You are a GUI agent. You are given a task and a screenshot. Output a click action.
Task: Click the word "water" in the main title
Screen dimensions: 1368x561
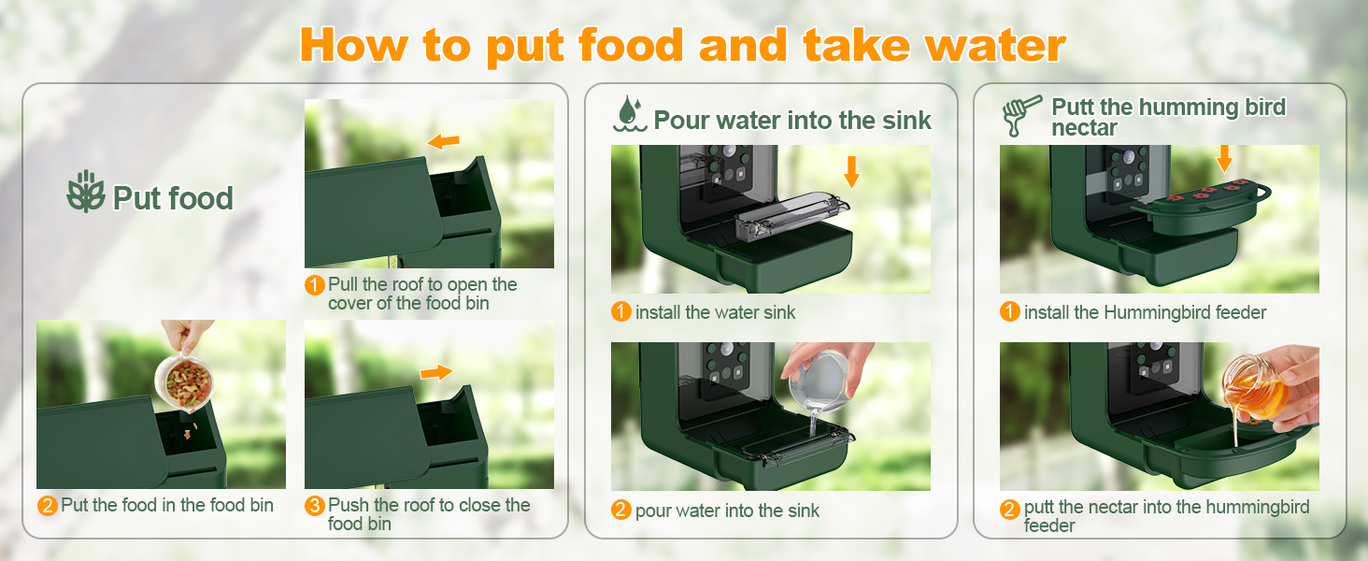click(996, 47)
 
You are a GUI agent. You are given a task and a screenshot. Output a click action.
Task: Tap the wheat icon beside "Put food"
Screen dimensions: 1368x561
click(86, 192)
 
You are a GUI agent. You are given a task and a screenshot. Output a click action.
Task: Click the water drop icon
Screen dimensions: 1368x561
click(630, 114)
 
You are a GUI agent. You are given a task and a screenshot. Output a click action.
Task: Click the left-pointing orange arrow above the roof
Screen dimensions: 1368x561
click(443, 142)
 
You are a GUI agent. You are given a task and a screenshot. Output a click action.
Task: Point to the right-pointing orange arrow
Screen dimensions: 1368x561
click(436, 372)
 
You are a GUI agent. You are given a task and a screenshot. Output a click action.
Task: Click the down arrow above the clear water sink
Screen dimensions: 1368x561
click(851, 172)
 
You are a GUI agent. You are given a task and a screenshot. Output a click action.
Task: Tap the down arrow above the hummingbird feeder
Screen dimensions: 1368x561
click(1223, 159)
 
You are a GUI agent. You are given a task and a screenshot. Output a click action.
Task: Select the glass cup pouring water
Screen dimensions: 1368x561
click(819, 381)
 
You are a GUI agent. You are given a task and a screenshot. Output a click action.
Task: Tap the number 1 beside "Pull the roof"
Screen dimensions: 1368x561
click(315, 285)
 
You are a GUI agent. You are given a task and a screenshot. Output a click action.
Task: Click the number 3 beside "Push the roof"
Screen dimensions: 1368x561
click(315, 506)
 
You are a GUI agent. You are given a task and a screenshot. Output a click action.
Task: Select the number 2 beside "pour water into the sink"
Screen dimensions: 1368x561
click(621, 510)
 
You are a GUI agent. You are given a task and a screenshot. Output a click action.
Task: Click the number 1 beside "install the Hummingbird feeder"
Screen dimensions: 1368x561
click(1009, 311)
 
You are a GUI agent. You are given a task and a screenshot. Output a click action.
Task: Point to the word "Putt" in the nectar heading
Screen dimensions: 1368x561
click(1073, 107)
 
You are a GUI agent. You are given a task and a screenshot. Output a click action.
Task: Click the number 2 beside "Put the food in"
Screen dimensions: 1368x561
click(47, 506)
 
